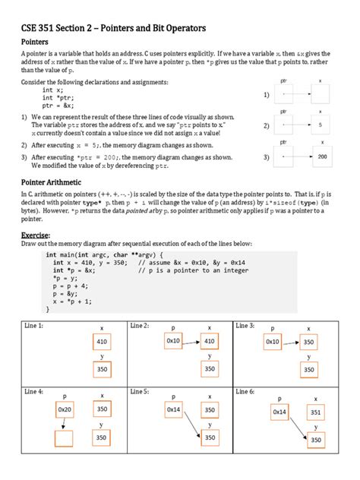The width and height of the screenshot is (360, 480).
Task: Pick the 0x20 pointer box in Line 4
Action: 65,411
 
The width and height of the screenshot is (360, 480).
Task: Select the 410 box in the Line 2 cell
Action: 210,342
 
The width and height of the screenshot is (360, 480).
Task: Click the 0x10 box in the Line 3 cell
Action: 273,342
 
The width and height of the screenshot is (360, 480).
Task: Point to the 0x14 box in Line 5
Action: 173,411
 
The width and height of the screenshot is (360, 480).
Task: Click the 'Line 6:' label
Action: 246,391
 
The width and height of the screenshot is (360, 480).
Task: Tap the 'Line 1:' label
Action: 33,325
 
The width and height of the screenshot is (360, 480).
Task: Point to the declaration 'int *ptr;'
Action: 58,97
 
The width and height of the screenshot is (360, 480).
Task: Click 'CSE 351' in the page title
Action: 38,29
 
